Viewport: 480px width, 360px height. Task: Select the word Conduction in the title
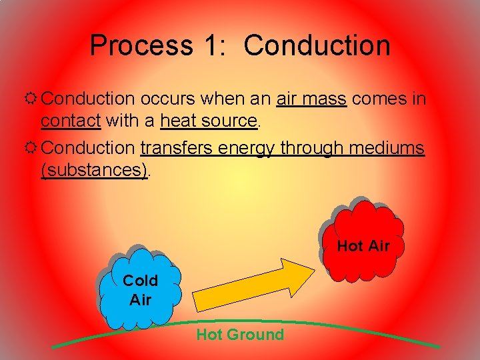317,45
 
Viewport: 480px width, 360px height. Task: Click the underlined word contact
70,121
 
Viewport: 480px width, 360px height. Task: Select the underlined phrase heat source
208,121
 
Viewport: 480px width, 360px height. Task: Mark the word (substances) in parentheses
94,170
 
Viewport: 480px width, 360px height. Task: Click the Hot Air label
363,246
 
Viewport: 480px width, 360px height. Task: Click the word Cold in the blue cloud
140,280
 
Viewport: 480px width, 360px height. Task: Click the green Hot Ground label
240,335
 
